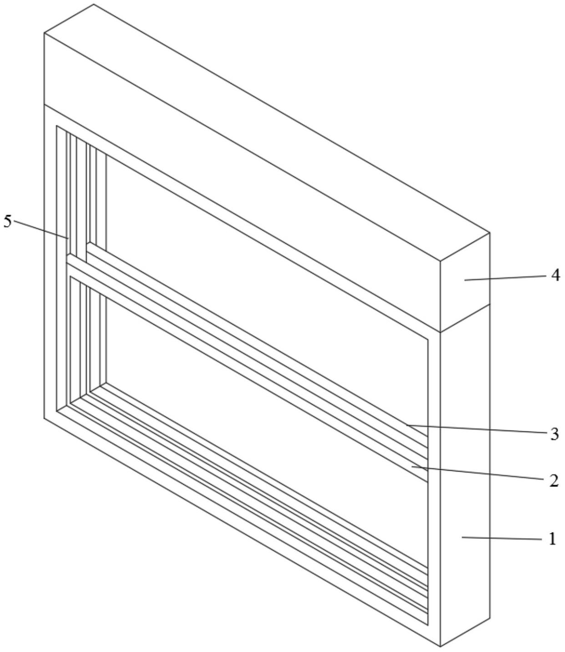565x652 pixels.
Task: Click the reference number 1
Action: pos(552,539)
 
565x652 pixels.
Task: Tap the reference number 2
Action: pos(553,480)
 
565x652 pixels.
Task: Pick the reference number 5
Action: pos(8,221)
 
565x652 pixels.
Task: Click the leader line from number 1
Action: pos(501,538)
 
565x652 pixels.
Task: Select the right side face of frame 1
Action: pos(464,477)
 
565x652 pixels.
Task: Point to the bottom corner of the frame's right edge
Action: pos(440,646)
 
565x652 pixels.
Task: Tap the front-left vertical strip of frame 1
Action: pos(50,264)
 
